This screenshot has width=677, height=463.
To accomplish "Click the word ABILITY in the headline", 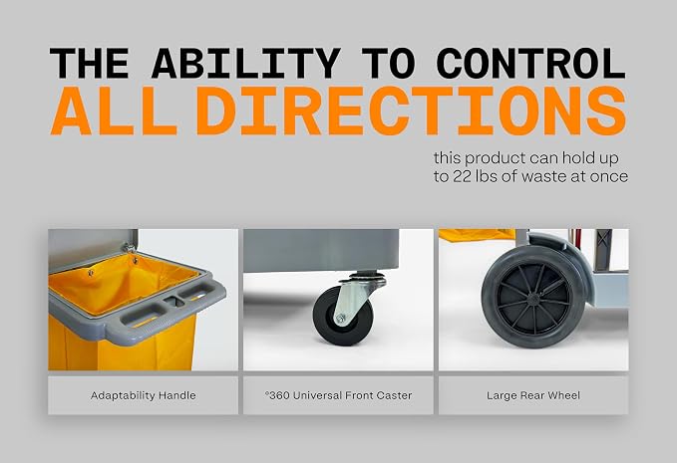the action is [246, 63].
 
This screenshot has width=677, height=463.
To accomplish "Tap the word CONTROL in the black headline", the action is [531, 63].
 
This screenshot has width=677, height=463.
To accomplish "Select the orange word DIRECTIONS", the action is [411, 111].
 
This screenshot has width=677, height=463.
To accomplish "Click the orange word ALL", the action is [114, 111].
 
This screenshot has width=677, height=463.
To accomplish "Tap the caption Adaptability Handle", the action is [144, 395].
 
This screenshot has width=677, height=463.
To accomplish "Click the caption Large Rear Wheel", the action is [533, 395].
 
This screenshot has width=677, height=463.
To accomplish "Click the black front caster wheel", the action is [343, 315].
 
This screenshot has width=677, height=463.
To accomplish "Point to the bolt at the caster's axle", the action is [340, 319].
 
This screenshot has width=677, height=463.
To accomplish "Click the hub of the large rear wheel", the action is [534, 298].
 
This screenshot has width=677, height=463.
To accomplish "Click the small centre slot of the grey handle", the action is [174, 301].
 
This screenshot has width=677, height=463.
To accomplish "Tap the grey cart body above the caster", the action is [321, 250].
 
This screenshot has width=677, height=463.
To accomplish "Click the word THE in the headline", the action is [90, 63].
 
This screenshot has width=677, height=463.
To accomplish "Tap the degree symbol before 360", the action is [267, 392].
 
